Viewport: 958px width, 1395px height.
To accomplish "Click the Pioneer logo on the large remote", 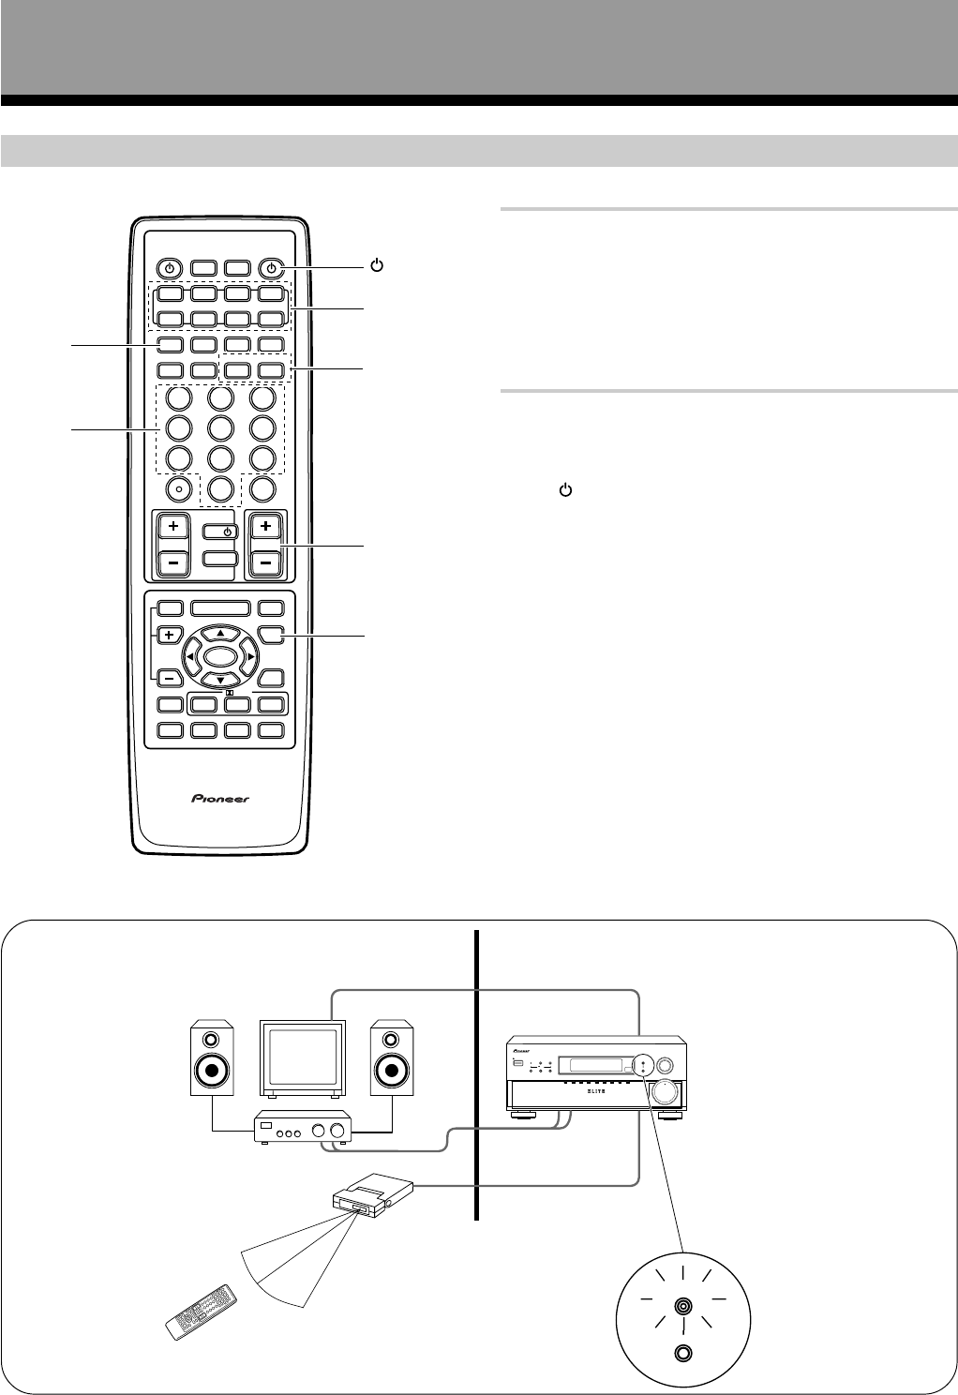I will [x=221, y=799].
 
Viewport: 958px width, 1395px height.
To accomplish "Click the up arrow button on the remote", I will [x=219, y=633].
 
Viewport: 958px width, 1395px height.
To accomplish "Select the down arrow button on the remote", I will [x=219, y=679].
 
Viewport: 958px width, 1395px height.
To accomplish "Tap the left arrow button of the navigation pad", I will [x=191, y=656].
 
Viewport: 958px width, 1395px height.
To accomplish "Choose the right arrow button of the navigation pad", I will [x=248, y=656].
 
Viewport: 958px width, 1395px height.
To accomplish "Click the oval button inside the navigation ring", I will [x=219, y=655].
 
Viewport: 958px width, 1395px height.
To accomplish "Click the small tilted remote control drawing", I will [x=201, y=1311].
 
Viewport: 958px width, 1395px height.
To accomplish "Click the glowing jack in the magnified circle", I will [x=683, y=1306].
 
